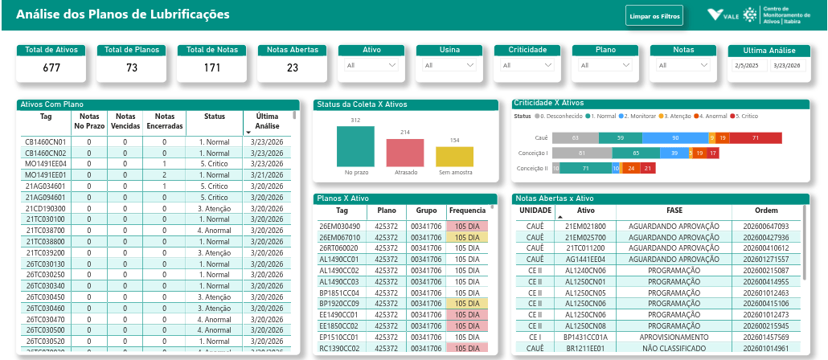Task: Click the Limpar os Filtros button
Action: (x=654, y=15)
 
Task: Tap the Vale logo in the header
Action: (x=723, y=15)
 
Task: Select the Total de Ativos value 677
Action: (x=51, y=68)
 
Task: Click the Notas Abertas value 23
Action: (x=293, y=68)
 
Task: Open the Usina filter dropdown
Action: (x=449, y=65)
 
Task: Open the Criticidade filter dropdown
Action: (x=527, y=65)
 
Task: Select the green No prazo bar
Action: (x=355, y=146)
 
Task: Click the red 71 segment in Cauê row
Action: (x=756, y=138)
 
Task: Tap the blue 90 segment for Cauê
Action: (x=677, y=138)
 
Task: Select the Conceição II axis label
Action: (x=531, y=168)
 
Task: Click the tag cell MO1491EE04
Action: (x=45, y=163)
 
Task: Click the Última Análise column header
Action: (x=267, y=121)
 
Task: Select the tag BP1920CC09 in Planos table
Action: (x=339, y=304)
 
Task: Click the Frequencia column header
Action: (x=467, y=211)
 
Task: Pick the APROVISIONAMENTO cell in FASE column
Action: (x=674, y=337)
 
